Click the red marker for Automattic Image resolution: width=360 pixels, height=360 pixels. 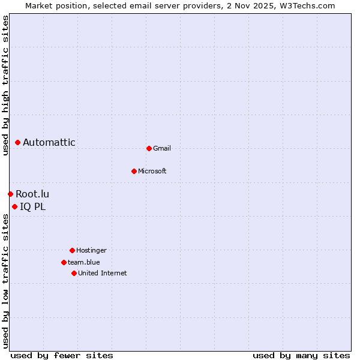point(18,142)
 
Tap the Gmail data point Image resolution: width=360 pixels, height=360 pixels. point(149,148)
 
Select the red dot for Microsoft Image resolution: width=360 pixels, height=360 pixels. point(134,171)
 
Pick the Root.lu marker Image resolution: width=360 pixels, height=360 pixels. point(10,194)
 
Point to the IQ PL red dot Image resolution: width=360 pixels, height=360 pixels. point(14,207)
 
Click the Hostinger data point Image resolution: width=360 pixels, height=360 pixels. point(72,250)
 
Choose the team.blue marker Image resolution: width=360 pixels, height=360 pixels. point(64,262)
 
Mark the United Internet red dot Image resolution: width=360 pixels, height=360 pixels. point(74,273)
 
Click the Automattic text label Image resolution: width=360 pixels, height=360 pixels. point(49,142)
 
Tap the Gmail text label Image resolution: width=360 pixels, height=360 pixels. point(162,148)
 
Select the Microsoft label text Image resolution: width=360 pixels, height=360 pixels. point(152,171)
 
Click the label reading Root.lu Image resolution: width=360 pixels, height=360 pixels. point(32,194)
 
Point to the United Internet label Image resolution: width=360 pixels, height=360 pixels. point(103,273)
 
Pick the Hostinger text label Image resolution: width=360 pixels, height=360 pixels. point(91,250)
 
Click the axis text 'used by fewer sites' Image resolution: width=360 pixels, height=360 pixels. point(62,355)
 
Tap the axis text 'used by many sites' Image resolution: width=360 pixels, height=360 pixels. point(301,355)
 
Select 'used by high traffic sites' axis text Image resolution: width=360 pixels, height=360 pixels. point(5,85)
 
